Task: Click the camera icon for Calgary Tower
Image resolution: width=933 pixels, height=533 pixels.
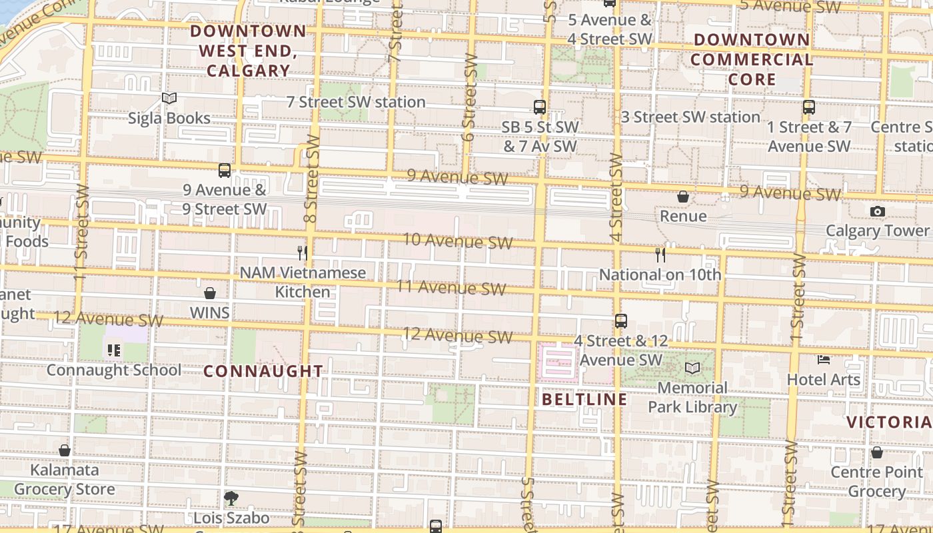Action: [877, 212]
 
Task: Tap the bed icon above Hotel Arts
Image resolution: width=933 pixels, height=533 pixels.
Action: [824, 360]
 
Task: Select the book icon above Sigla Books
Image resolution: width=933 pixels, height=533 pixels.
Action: [169, 99]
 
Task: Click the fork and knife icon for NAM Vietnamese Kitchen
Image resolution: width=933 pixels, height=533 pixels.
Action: [303, 253]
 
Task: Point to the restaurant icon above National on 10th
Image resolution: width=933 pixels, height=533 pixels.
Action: [660, 255]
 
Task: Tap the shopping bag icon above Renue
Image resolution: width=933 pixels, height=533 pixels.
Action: [682, 197]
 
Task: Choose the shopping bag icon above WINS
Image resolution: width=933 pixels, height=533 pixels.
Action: [210, 293]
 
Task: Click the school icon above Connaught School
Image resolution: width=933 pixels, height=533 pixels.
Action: [114, 350]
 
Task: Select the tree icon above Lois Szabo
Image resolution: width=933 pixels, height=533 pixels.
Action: [231, 498]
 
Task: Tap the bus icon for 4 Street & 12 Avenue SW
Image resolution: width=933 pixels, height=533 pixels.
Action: [621, 321]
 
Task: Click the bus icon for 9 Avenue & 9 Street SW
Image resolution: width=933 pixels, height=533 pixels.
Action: [225, 171]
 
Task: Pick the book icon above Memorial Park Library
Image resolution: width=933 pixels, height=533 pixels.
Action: [692, 368]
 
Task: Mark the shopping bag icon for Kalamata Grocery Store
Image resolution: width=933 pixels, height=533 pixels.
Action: [65, 450]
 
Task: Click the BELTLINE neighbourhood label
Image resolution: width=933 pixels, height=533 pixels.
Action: [584, 399]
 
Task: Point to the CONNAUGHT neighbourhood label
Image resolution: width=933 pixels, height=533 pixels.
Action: [263, 371]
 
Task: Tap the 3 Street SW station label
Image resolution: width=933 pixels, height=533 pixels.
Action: [690, 117]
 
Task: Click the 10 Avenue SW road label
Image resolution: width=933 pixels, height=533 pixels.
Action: [458, 241]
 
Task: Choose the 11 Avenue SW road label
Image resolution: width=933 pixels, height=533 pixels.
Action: [451, 288]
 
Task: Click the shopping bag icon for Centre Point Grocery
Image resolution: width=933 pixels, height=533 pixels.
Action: [877, 452]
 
